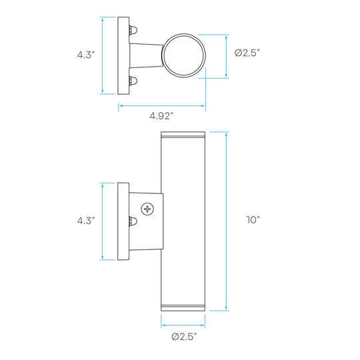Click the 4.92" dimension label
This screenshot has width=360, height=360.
pos(161,116)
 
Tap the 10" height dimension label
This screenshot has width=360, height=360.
pos(253,220)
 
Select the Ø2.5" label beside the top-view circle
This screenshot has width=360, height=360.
pos(247,53)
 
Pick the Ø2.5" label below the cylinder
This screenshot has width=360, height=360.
pos(185,337)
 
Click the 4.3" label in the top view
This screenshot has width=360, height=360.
pos(86,55)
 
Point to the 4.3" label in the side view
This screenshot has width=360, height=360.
pos(86,221)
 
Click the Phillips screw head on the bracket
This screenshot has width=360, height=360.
pos(147,209)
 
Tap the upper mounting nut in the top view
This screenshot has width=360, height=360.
pos(133,30)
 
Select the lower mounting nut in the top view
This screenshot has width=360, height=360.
pos(133,81)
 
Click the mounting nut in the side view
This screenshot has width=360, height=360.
pos(133,221)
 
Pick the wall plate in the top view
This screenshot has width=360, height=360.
pos(123,55)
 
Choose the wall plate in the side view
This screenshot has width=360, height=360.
pos(123,221)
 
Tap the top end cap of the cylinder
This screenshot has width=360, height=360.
pos(183,135)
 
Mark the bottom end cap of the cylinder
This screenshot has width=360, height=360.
pos(183,308)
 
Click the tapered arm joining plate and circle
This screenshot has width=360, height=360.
pos(146,55)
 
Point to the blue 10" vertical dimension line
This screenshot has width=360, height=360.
pos(226,221)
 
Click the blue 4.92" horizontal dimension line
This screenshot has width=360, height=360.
pos(162,106)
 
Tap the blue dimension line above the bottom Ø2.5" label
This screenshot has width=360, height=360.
pos(183,325)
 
